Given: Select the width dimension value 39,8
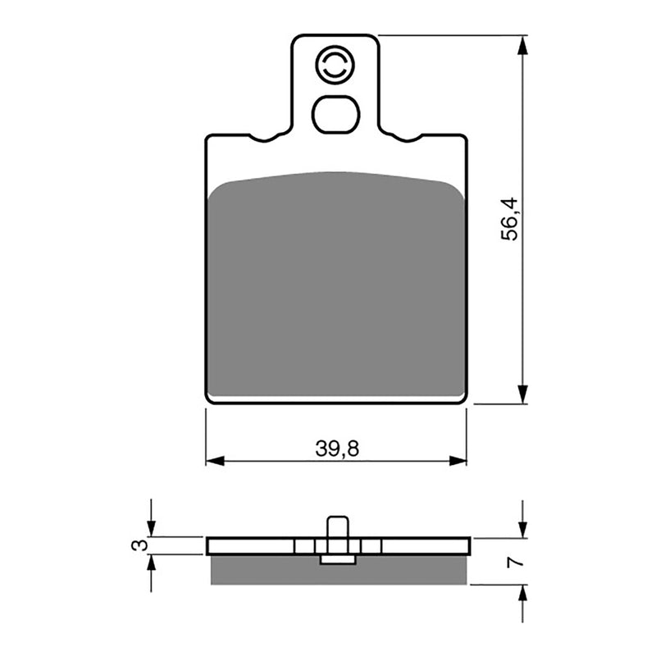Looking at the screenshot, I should (337, 449).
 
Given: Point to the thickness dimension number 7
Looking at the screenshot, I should (512, 563).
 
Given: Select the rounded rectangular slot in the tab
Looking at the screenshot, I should (336, 115).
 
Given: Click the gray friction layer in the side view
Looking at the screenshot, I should (339, 571).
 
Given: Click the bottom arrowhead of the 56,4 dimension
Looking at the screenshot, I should (522, 395).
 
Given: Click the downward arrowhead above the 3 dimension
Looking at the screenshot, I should (150, 530).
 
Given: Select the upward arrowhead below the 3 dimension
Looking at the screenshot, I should (150, 563).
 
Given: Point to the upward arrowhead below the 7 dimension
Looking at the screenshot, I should (522, 594).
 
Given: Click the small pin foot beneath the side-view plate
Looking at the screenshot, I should (337, 560).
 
